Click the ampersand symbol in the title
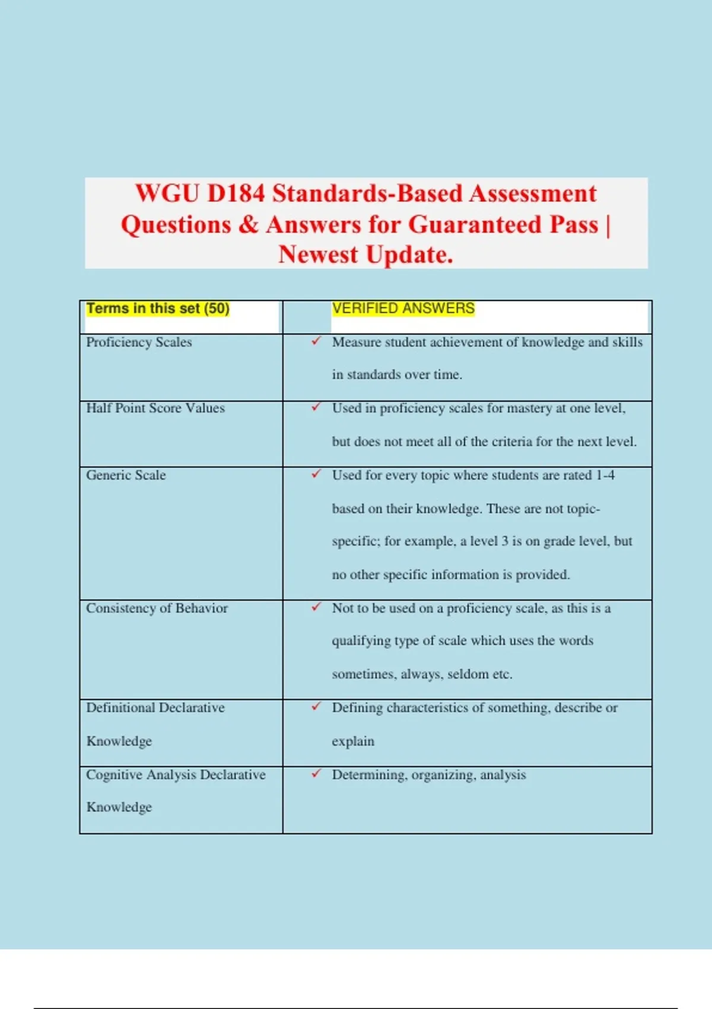(249, 225)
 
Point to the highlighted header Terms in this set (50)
(158, 309)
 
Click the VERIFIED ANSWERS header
(403, 309)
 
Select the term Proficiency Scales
(139, 342)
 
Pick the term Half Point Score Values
(155, 408)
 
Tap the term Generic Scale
(126, 475)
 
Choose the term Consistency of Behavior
(157, 608)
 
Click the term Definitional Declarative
(155, 708)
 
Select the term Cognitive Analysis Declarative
(176, 775)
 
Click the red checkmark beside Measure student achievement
(316, 341)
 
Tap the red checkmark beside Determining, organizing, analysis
(316, 773)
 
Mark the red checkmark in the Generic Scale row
(316, 474)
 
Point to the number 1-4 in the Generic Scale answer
(605, 475)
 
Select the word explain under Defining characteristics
(353, 741)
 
